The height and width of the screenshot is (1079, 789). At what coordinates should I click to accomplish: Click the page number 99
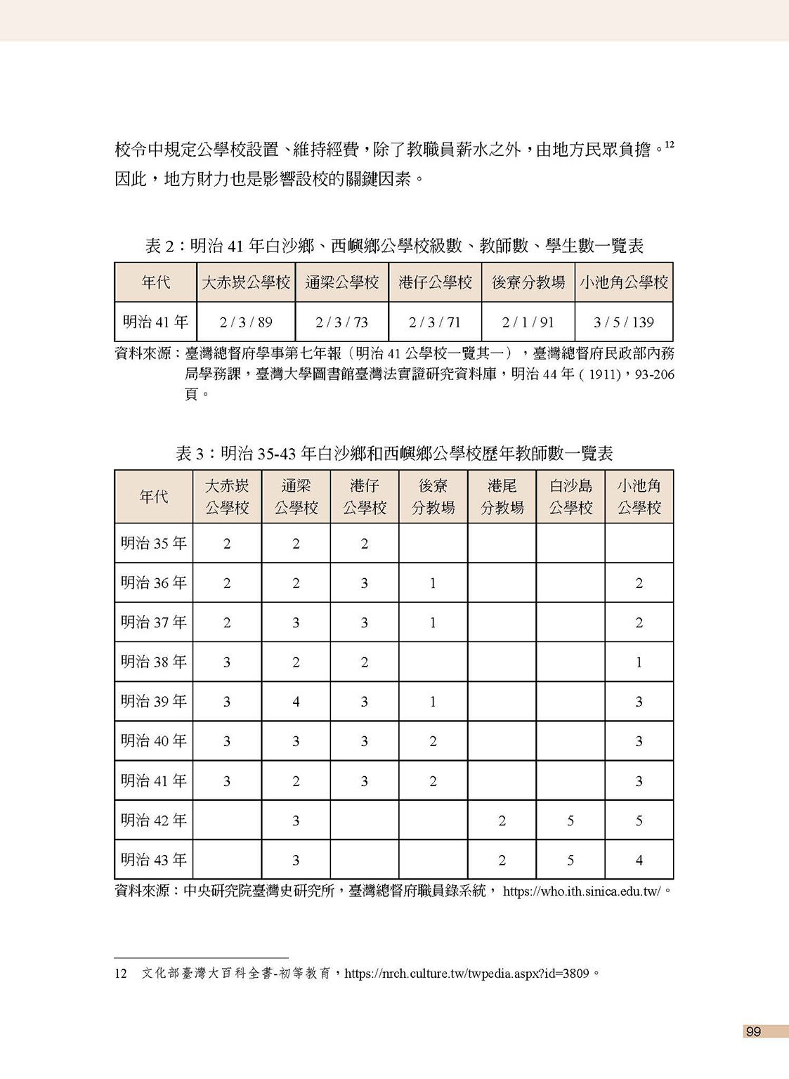click(753, 1031)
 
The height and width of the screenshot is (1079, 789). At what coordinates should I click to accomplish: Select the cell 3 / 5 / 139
click(624, 322)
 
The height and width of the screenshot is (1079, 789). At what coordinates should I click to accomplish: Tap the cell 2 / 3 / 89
click(246, 322)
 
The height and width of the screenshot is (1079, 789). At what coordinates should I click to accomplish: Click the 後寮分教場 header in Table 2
click(528, 282)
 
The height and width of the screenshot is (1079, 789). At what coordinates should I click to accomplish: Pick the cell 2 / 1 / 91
click(528, 322)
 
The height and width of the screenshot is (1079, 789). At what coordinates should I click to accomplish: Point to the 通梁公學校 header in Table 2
click(342, 282)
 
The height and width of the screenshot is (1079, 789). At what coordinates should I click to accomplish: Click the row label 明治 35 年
click(154, 543)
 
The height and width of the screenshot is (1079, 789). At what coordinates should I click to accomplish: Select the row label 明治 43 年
click(154, 860)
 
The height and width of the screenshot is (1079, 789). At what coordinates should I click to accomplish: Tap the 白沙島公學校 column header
click(570, 497)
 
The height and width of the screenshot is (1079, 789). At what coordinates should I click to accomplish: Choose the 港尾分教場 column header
click(502, 497)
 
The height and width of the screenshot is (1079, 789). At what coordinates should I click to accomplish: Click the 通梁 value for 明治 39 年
click(296, 702)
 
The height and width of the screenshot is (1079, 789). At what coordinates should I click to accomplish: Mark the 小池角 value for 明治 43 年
click(639, 860)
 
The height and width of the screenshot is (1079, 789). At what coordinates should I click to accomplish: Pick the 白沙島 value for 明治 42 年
click(570, 820)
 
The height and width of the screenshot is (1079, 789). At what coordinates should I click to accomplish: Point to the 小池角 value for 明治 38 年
click(639, 662)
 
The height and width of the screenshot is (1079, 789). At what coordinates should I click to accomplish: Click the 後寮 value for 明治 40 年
click(433, 741)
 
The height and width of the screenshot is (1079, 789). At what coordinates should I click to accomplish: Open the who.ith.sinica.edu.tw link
click(582, 891)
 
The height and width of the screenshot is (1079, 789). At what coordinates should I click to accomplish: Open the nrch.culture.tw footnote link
click(467, 974)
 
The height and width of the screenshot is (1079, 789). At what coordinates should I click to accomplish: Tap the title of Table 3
click(394, 454)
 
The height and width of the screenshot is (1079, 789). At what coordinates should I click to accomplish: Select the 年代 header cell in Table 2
click(155, 282)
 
